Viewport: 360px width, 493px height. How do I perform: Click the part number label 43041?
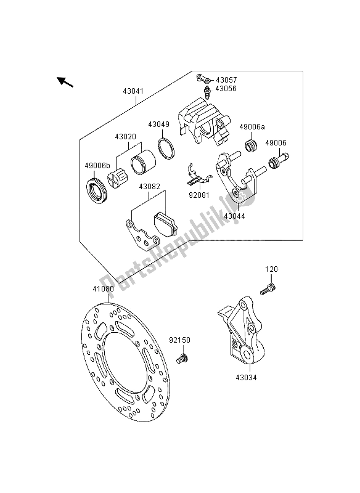point(133,91)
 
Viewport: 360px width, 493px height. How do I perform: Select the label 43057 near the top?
point(226,80)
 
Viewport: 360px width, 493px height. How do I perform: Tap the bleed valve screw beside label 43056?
point(207,92)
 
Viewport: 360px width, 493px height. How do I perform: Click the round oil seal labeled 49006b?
point(97,191)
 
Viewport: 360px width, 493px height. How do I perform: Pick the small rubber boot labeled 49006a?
point(252,145)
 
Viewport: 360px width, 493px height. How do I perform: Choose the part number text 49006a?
point(252,127)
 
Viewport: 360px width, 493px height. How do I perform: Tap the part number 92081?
point(199,195)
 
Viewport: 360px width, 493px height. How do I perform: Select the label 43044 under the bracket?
point(234,216)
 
